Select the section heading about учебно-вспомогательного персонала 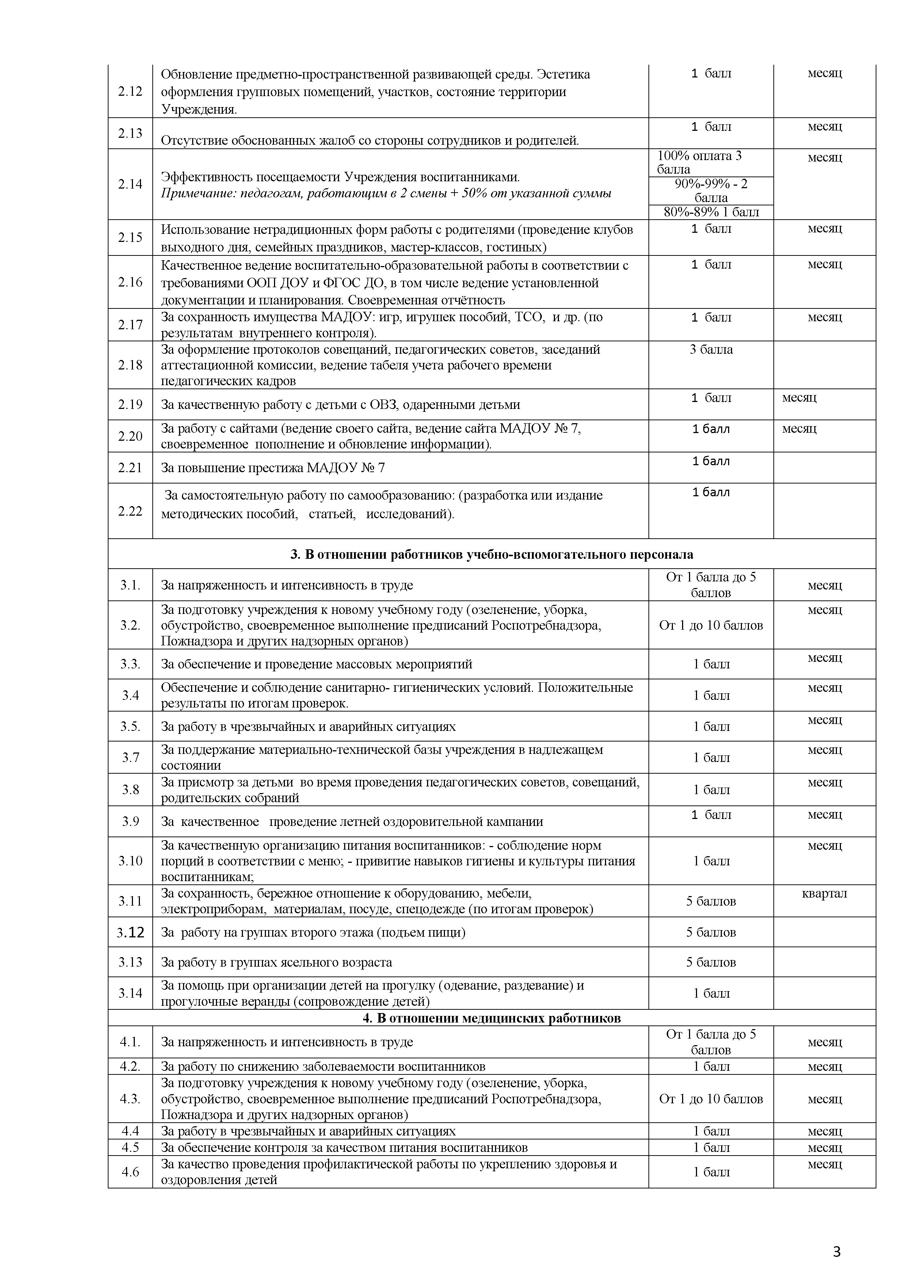(491, 554)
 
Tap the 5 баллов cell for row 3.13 (711, 963)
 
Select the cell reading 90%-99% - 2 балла (711, 191)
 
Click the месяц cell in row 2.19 (799, 398)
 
